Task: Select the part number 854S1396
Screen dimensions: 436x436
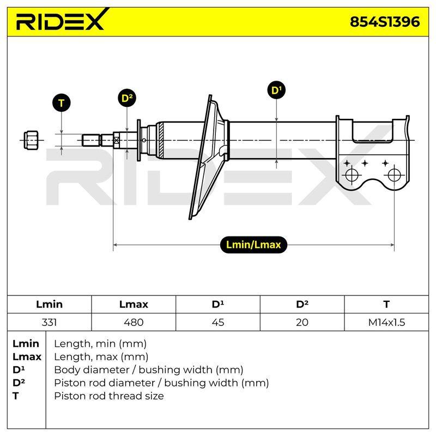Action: click(385, 22)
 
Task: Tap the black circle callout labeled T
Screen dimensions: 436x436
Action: click(62, 103)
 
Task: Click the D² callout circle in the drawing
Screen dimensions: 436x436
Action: click(127, 98)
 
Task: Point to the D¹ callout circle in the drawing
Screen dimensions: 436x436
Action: click(276, 90)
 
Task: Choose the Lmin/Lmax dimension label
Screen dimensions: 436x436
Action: click(253, 245)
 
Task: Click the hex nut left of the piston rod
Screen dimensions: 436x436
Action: click(31, 141)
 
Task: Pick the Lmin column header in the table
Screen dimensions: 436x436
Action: click(49, 304)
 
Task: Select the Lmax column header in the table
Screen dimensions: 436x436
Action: click(134, 304)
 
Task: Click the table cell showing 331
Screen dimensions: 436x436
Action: click(49, 322)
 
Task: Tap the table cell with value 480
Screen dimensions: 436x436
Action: click(134, 322)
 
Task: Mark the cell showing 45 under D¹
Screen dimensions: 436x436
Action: click(217, 322)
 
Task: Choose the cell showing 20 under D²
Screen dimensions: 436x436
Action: click(302, 322)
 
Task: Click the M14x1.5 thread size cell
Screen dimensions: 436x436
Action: click(386, 322)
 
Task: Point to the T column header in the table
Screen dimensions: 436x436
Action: click(386, 304)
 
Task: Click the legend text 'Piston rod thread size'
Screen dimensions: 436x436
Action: click(108, 396)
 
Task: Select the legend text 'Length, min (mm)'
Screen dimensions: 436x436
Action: click(100, 344)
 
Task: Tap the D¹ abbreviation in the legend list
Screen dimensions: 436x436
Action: click(19, 370)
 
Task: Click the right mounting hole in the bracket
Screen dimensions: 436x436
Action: click(394, 175)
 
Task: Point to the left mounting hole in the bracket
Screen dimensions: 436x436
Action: click(352, 175)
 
